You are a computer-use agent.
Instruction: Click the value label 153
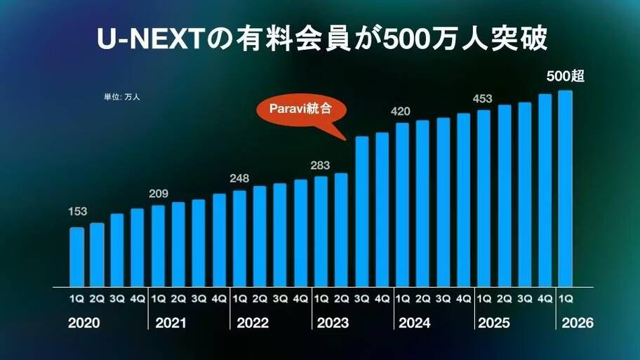pos(77,212)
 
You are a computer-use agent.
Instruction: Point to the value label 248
pos(239,178)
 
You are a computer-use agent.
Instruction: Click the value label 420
pos(401,111)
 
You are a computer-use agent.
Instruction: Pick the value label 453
pos(483,98)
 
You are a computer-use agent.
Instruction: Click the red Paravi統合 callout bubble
pos(300,109)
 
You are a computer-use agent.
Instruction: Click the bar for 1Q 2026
pos(564,189)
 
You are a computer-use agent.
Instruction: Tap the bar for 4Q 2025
pos(545,191)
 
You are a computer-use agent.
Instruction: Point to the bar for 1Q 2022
pos(239,239)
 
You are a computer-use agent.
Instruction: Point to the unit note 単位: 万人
pos(122,97)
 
